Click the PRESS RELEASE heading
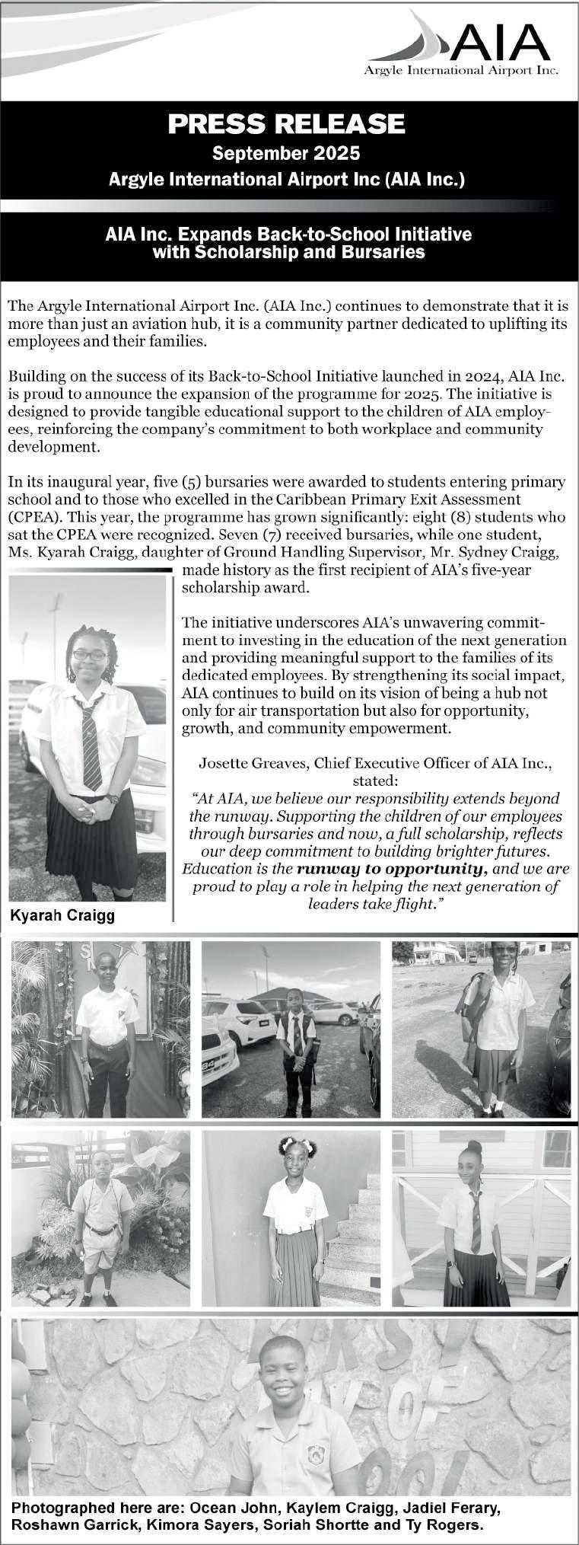point(286,123)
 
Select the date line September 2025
point(286,154)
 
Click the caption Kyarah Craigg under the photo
point(62,915)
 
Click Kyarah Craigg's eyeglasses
point(90,655)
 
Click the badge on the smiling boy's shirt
point(315,1455)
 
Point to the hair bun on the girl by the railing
point(475,1145)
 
